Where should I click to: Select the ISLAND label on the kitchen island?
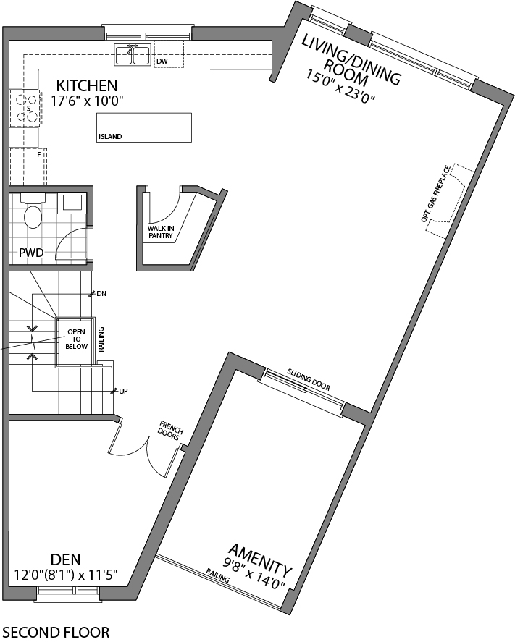pos(110,136)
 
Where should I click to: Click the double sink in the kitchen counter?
pos(132,54)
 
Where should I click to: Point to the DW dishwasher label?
pos(162,62)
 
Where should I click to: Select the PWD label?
pos(32,253)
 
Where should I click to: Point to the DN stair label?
pos(101,293)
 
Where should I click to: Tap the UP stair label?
pos(123,391)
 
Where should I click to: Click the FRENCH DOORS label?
pos(170,431)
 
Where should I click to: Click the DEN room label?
pos(65,559)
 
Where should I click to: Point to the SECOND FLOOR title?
pos(56,632)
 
